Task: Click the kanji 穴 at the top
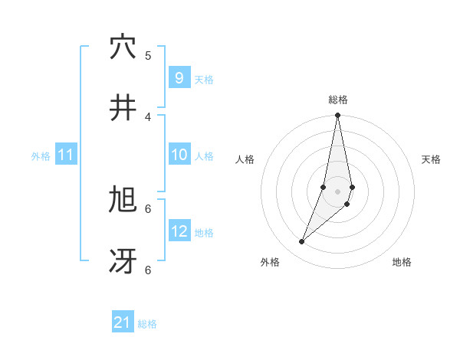click(123, 47)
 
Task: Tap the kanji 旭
click(123, 201)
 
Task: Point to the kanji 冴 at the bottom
click(123, 262)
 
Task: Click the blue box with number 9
click(179, 78)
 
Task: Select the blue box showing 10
click(179, 155)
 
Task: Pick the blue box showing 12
click(179, 232)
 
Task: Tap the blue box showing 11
click(65, 155)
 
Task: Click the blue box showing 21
click(123, 322)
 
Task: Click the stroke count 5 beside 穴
click(148, 55)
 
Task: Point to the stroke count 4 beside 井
click(148, 116)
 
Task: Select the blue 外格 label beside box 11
click(41, 156)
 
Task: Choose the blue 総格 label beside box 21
click(147, 324)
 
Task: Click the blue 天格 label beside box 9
click(204, 80)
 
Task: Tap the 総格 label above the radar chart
click(337, 100)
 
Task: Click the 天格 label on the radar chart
click(431, 159)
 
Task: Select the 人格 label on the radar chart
click(245, 159)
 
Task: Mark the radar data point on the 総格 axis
click(337, 116)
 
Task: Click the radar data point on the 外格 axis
click(302, 242)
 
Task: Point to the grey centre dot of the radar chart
click(337, 191)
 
